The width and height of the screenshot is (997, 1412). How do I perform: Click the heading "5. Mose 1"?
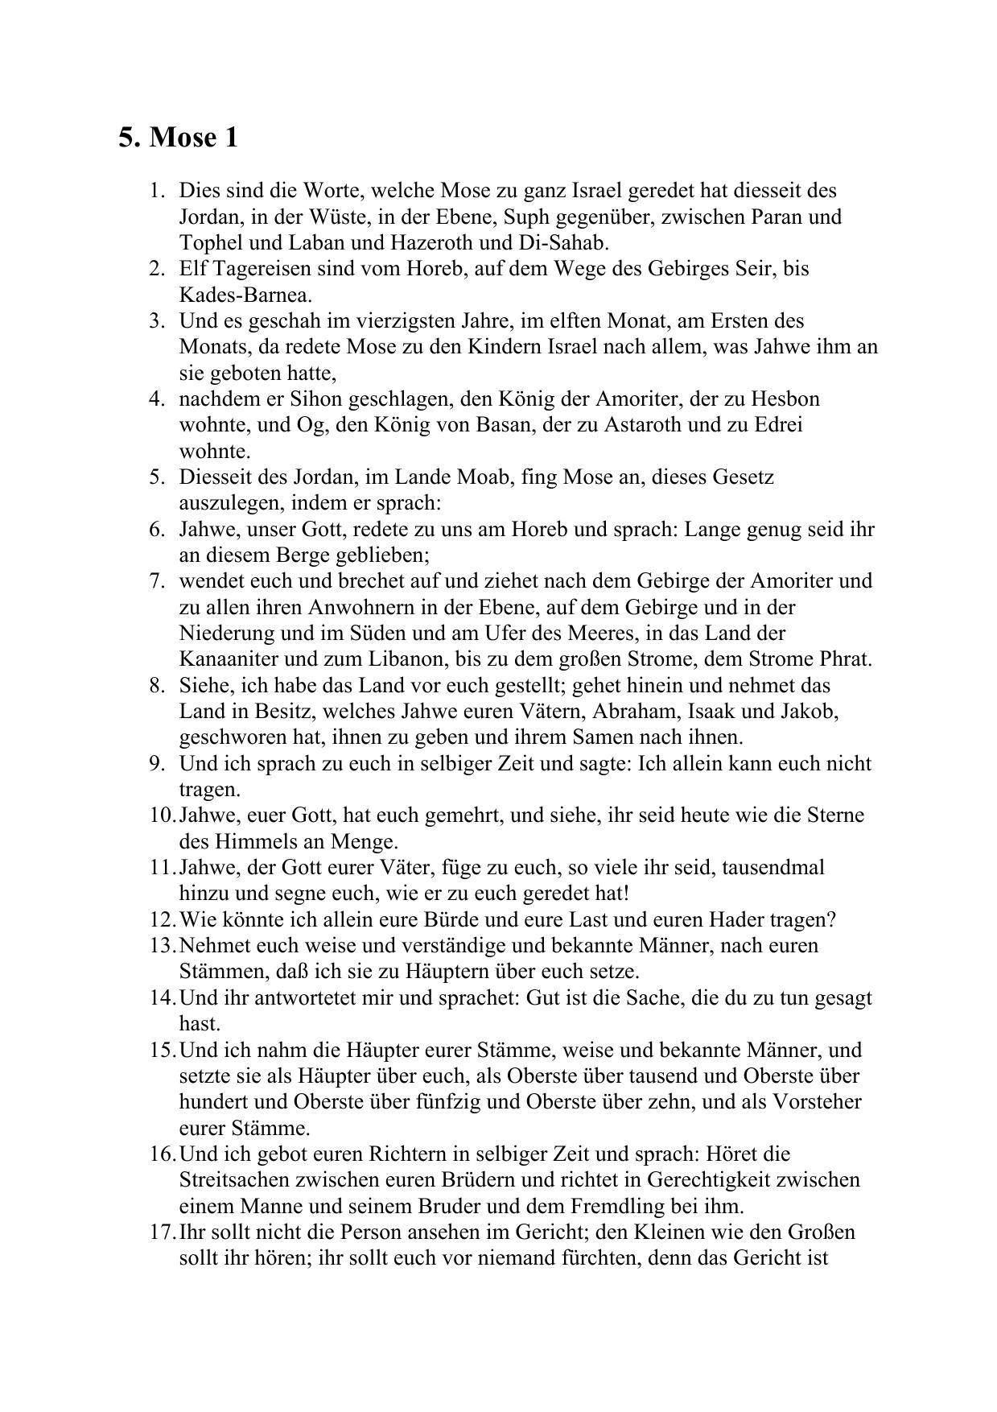point(178,138)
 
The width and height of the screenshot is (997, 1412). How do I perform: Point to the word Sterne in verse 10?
point(834,815)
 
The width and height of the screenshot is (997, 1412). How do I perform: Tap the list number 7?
point(157,580)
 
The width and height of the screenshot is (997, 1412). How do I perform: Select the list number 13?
point(162,945)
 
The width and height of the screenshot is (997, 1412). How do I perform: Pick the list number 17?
point(162,1232)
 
